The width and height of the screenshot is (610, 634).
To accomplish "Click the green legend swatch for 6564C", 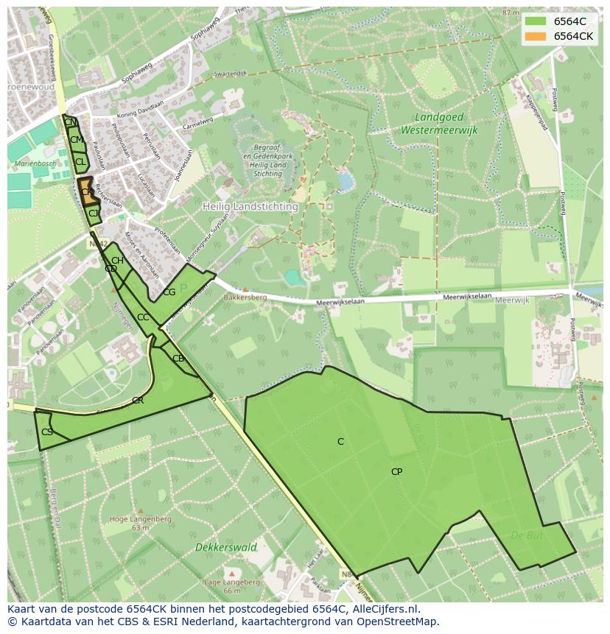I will click(x=536, y=21).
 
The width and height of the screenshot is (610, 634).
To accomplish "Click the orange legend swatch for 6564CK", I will click(x=536, y=36).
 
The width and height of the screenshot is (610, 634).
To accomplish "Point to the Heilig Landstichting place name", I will click(x=250, y=207).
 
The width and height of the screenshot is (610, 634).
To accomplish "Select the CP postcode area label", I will click(x=396, y=472).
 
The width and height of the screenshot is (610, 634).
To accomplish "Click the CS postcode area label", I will click(x=47, y=432).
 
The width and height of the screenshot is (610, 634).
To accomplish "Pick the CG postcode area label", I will click(x=169, y=292).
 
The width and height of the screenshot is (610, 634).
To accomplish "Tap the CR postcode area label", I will click(x=138, y=401).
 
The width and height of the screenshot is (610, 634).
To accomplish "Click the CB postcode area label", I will click(x=178, y=359).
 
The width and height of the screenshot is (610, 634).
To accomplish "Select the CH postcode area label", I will click(x=117, y=261).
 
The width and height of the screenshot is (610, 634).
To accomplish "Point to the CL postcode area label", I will click(x=80, y=161).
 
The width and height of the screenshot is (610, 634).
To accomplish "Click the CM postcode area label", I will click(x=76, y=140).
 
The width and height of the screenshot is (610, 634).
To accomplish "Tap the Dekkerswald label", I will click(x=226, y=547).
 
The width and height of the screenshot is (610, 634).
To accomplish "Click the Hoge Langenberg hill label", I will click(x=140, y=519).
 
